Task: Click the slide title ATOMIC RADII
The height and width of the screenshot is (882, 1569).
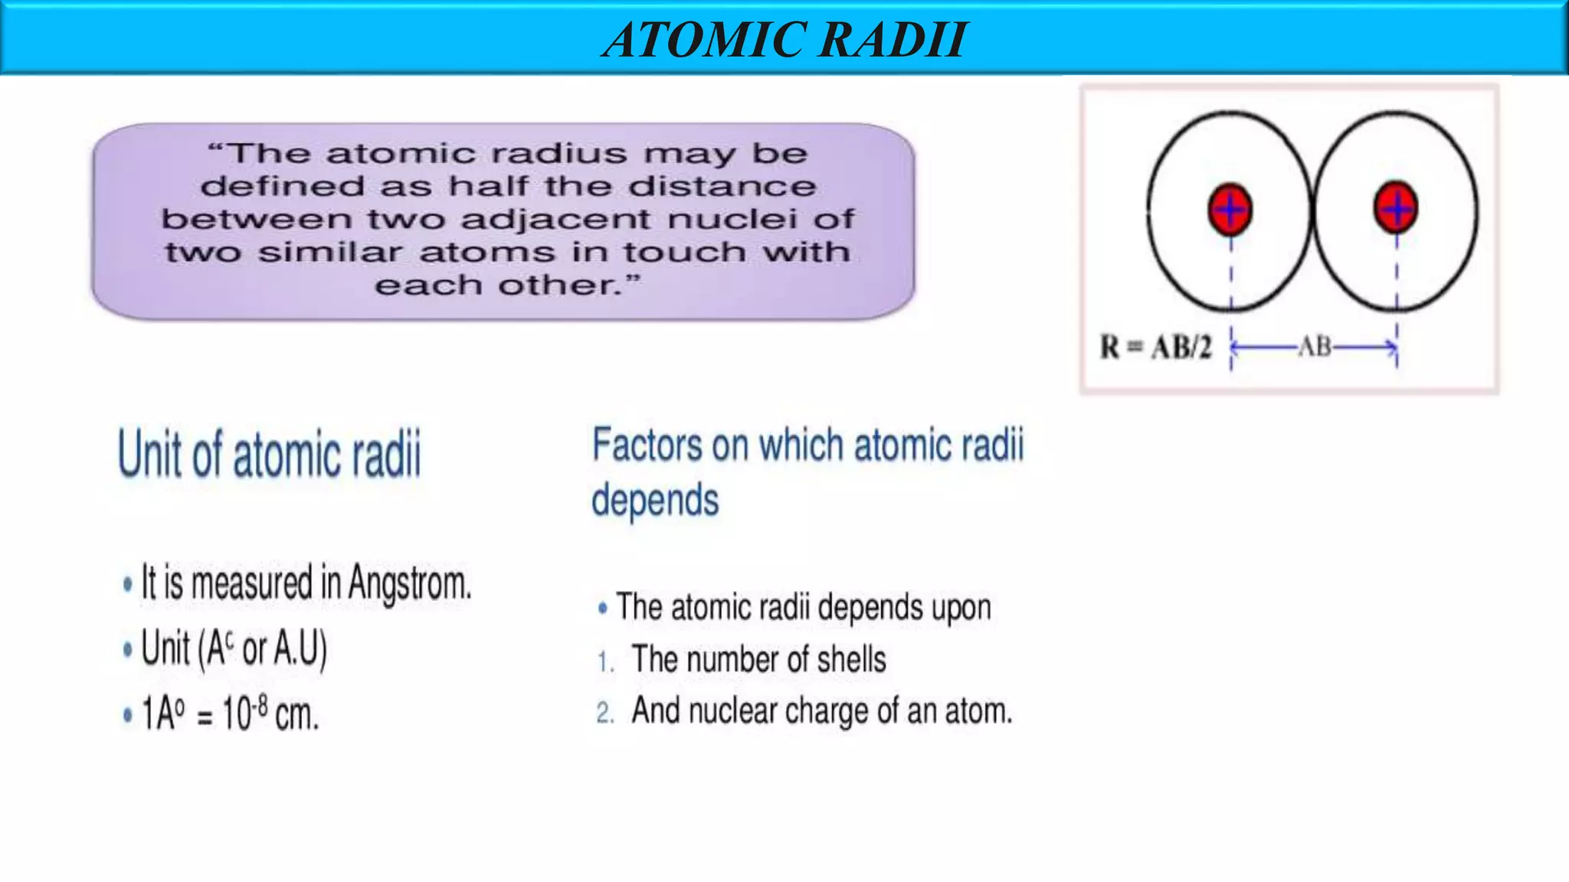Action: coord(784,40)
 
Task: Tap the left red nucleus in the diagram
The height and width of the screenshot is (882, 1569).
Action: coord(1230,209)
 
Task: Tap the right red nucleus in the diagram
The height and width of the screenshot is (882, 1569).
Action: coord(1396,207)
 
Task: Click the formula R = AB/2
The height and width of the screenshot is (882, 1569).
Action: coord(1157,348)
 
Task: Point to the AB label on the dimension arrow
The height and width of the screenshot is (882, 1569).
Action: coord(1315,347)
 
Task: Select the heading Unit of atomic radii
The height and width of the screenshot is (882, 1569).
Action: coord(270,454)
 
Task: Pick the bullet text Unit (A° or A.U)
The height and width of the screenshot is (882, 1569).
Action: coord(234,648)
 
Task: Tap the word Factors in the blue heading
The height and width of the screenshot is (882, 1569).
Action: coord(647,445)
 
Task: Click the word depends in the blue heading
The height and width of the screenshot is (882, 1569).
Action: coord(655,500)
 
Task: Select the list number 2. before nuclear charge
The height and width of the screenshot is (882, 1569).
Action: coord(605,713)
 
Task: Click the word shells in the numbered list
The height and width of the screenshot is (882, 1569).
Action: coord(851,659)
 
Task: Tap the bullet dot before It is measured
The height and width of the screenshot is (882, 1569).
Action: coord(127,585)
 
